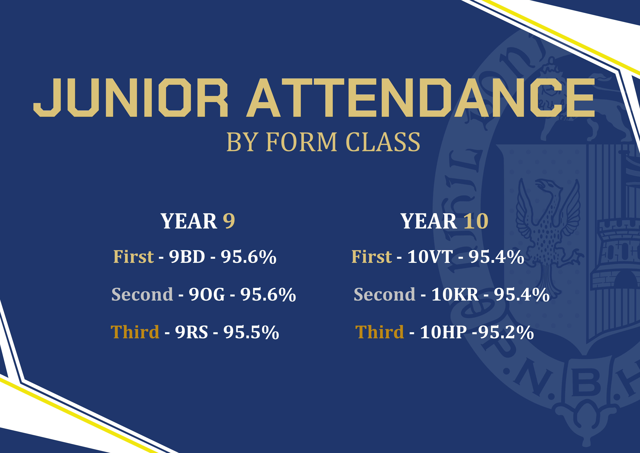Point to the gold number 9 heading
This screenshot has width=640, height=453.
(x=229, y=221)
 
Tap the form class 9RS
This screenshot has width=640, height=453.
(x=191, y=332)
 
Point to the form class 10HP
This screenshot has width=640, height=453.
(x=443, y=332)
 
